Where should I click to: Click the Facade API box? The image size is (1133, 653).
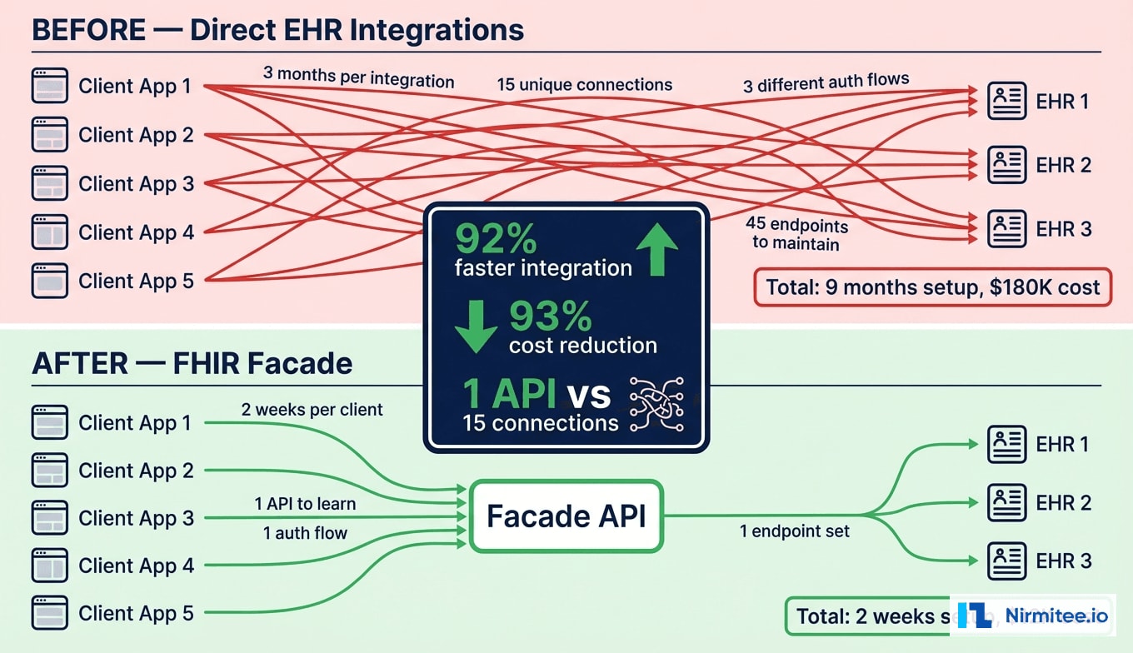[566, 516]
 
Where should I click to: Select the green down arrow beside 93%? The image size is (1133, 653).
[476, 325]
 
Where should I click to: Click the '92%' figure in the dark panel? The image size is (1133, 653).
[497, 241]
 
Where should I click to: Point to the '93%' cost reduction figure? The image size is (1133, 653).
[550, 317]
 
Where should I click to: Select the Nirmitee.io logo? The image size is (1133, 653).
[1033, 616]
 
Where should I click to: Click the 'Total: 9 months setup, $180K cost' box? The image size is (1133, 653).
[932, 288]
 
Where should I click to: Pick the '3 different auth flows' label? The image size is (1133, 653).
[826, 83]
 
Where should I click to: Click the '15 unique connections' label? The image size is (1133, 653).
[584, 85]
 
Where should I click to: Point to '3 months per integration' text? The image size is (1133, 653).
[358, 77]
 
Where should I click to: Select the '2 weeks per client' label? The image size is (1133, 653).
[312, 409]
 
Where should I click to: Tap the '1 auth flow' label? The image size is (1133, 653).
[305, 533]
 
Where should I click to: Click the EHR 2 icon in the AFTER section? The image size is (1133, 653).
[1006, 503]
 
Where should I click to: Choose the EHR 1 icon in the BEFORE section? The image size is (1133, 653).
[1006, 102]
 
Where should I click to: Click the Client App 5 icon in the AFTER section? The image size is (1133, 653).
[49, 613]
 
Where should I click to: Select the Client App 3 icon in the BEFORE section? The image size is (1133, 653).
[49, 183]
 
